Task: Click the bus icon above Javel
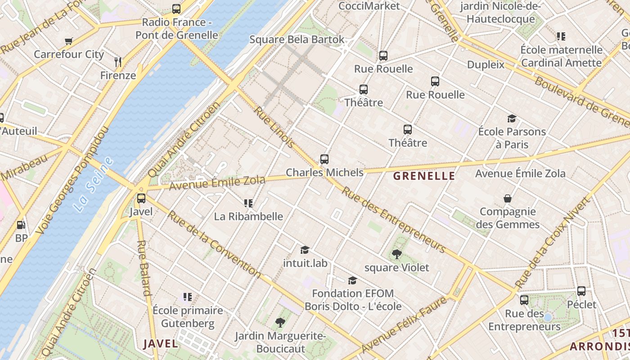click(141, 198)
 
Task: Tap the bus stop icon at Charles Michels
click(324, 159)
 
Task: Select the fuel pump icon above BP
click(20, 225)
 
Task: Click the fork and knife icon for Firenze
click(118, 62)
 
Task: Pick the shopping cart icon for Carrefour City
click(69, 41)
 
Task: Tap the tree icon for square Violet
click(396, 254)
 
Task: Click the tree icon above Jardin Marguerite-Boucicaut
click(280, 322)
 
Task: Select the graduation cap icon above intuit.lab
click(305, 250)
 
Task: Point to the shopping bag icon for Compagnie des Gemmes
click(508, 198)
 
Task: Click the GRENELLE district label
click(424, 176)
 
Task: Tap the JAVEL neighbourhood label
click(161, 344)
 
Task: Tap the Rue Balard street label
click(144, 268)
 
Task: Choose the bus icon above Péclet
click(581, 291)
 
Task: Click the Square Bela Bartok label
click(297, 40)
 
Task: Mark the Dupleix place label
click(486, 65)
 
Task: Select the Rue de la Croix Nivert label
click(552, 243)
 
